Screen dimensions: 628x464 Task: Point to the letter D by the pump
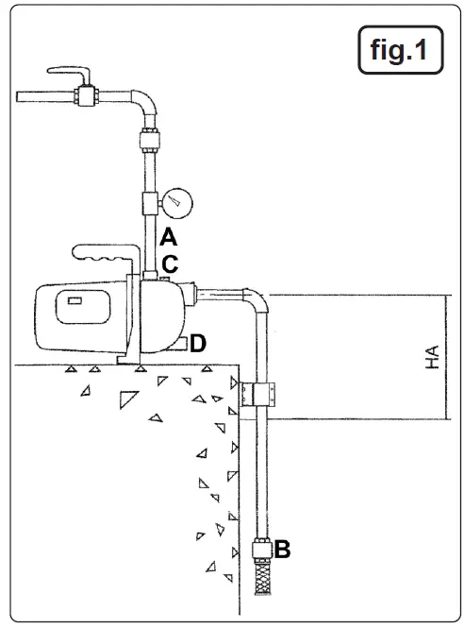[198, 343]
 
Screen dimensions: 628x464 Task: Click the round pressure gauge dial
[176, 202]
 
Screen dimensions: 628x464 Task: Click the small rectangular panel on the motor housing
[73, 301]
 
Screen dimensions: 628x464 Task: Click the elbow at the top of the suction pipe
[256, 301]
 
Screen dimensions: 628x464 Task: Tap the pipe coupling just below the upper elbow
[149, 141]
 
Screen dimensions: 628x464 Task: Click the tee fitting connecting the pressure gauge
[149, 203]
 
